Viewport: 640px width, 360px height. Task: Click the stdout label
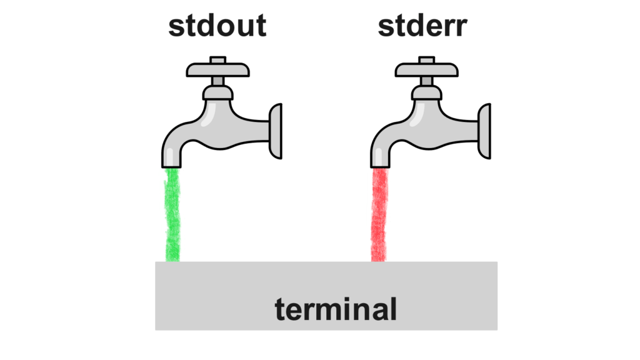217,26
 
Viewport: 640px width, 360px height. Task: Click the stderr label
422,26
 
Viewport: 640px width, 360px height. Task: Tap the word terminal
336,309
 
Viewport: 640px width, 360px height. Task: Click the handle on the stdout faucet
218,68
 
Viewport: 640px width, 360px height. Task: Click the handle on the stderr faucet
427,68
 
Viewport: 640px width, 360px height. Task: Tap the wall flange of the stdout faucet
276,131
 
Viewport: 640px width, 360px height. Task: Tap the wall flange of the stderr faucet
484,131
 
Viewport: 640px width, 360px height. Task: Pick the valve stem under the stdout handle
218,81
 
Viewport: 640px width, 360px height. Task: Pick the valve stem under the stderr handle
427,81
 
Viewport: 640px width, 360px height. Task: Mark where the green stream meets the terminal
172,260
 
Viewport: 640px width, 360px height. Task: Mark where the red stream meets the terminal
379,260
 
